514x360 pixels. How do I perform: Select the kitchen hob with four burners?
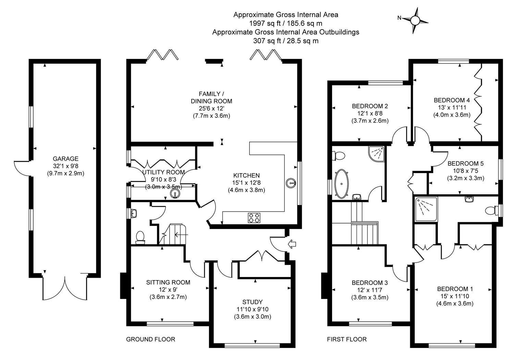pyautogui.click(x=254, y=218)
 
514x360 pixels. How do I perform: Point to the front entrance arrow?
pyautogui.click(x=292, y=244)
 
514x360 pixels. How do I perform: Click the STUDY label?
pyautogui.click(x=252, y=302)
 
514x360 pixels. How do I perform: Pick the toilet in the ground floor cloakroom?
pyautogui.click(x=140, y=237)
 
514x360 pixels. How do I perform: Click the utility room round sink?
pyautogui.click(x=175, y=194)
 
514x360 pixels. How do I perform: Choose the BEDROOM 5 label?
pyautogui.click(x=465, y=163)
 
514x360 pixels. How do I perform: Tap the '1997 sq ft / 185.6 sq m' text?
pyautogui.click(x=285, y=23)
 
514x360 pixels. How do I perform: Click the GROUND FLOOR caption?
pyautogui.click(x=151, y=339)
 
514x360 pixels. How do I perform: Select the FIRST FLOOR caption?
pyautogui.click(x=347, y=339)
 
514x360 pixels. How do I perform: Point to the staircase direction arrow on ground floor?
pyautogui.click(x=181, y=235)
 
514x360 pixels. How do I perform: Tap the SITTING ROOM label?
pyautogui.click(x=168, y=283)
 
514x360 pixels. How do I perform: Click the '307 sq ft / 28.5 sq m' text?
pyautogui.click(x=285, y=41)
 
